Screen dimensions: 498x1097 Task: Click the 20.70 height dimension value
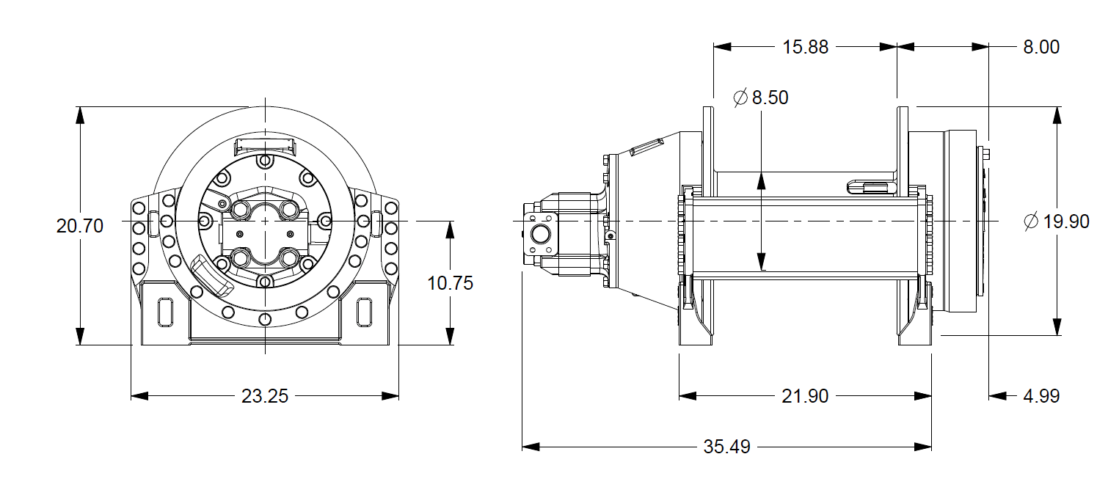pyautogui.click(x=80, y=226)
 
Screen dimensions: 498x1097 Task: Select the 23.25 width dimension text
pyautogui.click(x=265, y=396)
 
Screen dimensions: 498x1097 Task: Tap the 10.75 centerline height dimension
pyautogui.click(x=451, y=283)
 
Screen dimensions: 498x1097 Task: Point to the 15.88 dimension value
pyautogui.click(x=805, y=47)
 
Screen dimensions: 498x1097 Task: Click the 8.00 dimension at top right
pyautogui.click(x=1040, y=47)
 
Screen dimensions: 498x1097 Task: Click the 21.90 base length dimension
pyautogui.click(x=805, y=396)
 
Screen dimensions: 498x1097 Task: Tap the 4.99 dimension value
pyautogui.click(x=1041, y=396)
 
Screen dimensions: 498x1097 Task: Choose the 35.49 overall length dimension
pyautogui.click(x=726, y=447)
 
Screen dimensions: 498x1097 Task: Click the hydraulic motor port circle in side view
pyautogui.click(x=541, y=235)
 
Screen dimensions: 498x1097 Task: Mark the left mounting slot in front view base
pyautogui.click(x=164, y=312)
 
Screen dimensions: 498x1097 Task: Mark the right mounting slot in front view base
pyautogui.click(x=363, y=312)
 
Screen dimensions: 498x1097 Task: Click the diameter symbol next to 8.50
pyautogui.click(x=740, y=98)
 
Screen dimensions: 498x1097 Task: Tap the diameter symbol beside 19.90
pyautogui.click(x=1032, y=221)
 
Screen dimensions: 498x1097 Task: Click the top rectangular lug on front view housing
pyautogui.click(x=265, y=145)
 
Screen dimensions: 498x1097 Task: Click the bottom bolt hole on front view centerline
pyautogui.click(x=265, y=320)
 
